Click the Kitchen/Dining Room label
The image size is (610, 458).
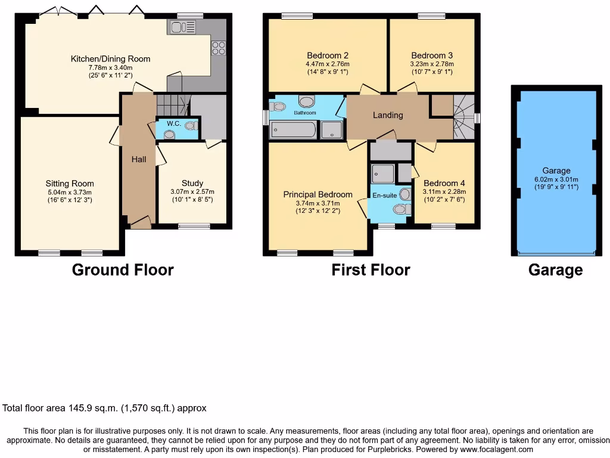pyautogui.click(x=110, y=58)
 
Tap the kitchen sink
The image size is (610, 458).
pyautogui.click(x=182, y=26)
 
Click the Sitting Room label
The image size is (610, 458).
pyautogui.click(x=70, y=184)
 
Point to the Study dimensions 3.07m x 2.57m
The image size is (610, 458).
pyautogui.click(x=192, y=191)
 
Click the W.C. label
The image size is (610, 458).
pyautogui.click(x=173, y=123)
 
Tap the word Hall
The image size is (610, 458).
pyautogui.click(x=139, y=159)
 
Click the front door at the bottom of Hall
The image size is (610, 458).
pyautogui.click(x=141, y=224)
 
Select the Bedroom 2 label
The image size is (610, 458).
pyautogui.click(x=327, y=55)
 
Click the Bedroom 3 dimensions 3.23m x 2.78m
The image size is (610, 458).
pyautogui.click(x=432, y=64)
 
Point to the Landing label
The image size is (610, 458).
pyautogui.click(x=388, y=115)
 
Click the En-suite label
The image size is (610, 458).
pyautogui.click(x=384, y=195)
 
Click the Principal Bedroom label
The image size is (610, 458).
pyautogui.click(x=318, y=194)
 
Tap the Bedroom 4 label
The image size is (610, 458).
pyautogui.click(x=444, y=183)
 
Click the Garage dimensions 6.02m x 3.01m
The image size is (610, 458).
pyautogui.click(x=556, y=179)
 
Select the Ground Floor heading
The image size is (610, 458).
pyautogui.click(x=123, y=270)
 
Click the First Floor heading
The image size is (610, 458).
pyautogui.click(x=371, y=270)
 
